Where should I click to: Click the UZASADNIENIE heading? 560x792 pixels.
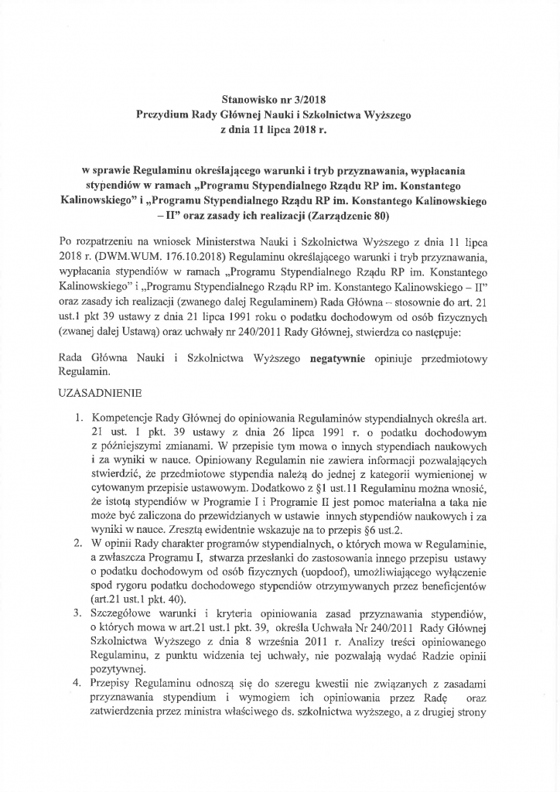point(106,394)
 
